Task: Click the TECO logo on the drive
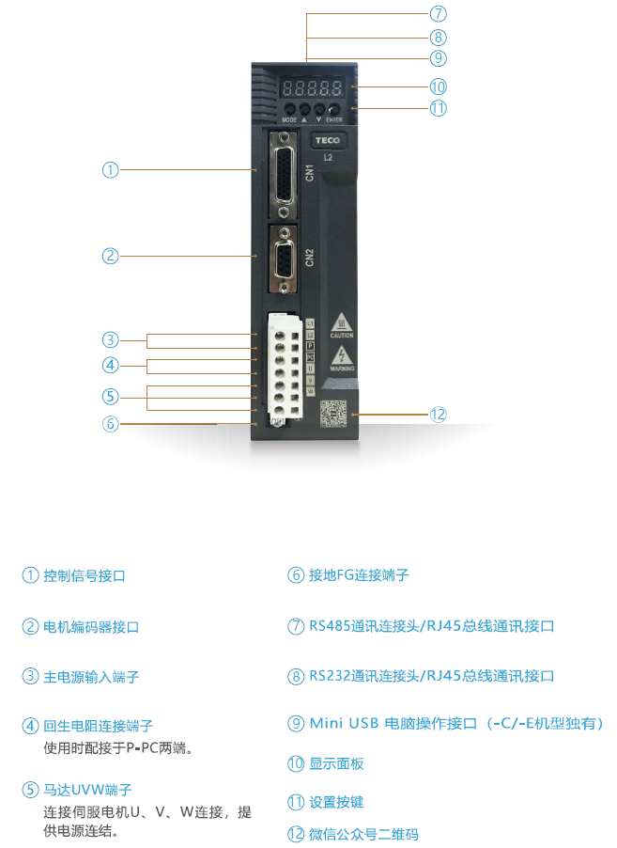tap(328, 141)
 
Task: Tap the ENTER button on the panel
tap(332, 110)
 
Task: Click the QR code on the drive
tap(334, 415)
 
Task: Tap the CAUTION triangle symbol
tap(341, 322)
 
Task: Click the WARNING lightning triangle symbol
tap(341, 356)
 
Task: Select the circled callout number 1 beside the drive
tap(110, 170)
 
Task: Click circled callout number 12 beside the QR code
tap(439, 415)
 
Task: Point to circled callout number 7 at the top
tap(438, 14)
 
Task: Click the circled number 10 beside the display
tap(438, 86)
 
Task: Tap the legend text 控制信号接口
tap(84, 575)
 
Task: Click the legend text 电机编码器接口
tap(91, 626)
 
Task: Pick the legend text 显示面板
tap(335, 763)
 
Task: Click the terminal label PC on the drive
tap(311, 358)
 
